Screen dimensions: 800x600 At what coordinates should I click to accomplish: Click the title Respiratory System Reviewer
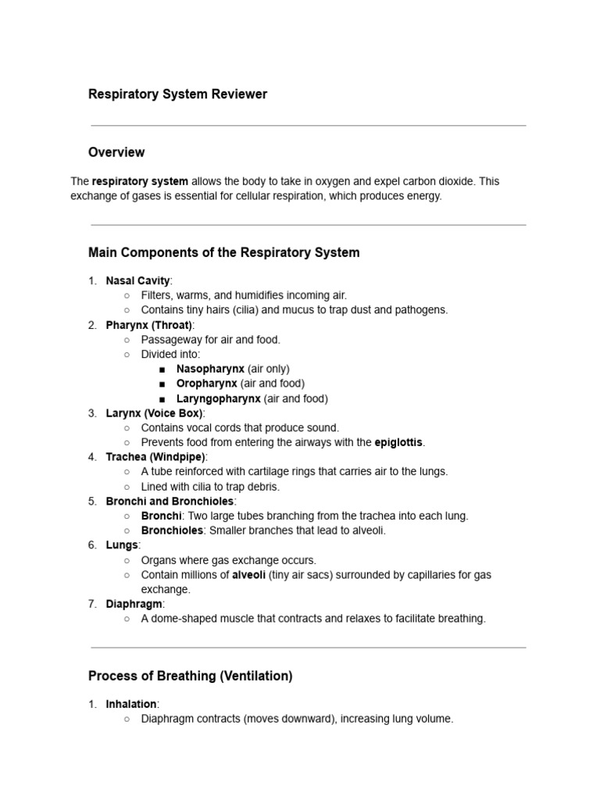(x=177, y=95)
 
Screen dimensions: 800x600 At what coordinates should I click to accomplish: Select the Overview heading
(x=116, y=152)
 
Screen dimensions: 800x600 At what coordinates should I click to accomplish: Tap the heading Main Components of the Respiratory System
(x=224, y=252)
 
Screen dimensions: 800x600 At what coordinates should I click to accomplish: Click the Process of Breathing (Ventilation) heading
(x=191, y=676)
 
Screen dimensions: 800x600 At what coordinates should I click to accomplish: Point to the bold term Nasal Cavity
(x=137, y=280)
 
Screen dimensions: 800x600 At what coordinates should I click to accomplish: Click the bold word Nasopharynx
(x=210, y=369)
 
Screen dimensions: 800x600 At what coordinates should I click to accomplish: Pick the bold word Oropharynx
(x=207, y=384)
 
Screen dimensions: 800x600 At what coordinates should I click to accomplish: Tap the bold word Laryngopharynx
(x=219, y=398)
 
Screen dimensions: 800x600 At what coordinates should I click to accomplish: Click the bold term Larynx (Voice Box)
(x=154, y=413)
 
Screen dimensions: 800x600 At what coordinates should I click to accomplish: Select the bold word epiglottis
(x=398, y=442)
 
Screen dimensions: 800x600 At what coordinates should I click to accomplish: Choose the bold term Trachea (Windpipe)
(x=155, y=457)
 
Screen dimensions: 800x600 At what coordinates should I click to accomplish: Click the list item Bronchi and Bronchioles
(x=170, y=501)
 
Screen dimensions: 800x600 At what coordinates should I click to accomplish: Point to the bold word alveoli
(x=248, y=575)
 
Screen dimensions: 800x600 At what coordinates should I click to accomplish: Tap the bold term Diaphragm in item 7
(x=134, y=604)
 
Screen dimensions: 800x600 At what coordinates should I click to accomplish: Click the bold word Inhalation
(x=130, y=705)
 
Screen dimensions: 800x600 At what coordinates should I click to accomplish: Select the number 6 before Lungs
(x=92, y=545)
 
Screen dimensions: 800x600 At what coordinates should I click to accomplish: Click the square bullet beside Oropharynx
(x=162, y=384)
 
